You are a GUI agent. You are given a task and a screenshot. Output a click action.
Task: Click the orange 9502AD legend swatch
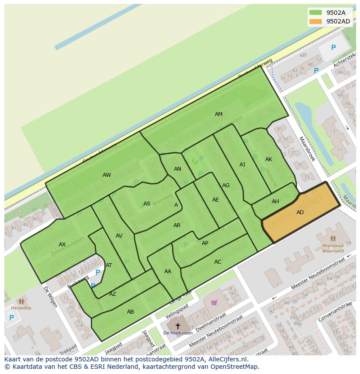(x=316, y=21)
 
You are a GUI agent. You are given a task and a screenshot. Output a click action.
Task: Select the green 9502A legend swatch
(x=316, y=13)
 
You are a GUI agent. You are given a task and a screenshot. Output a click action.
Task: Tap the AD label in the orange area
(x=300, y=212)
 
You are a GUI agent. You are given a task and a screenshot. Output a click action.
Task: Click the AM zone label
(x=218, y=114)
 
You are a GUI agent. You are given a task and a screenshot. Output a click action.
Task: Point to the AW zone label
(x=107, y=175)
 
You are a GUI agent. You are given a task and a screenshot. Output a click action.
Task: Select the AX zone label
(x=62, y=245)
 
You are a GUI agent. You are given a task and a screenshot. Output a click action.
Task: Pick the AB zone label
(x=130, y=312)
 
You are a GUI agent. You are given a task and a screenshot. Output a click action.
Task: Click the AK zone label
(x=268, y=159)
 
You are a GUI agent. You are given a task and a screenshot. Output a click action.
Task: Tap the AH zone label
(x=275, y=202)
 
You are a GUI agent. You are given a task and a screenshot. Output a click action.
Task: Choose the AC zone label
(x=218, y=262)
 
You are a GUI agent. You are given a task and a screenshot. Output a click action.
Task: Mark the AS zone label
(x=147, y=204)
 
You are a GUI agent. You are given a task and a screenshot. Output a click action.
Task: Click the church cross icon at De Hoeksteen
(x=177, y=326)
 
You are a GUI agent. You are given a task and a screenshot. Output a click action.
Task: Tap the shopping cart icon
(x=214, y=302)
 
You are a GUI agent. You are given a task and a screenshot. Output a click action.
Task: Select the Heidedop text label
(x=21, y=308)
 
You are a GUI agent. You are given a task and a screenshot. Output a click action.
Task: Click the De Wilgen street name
(x=50, y=297)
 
